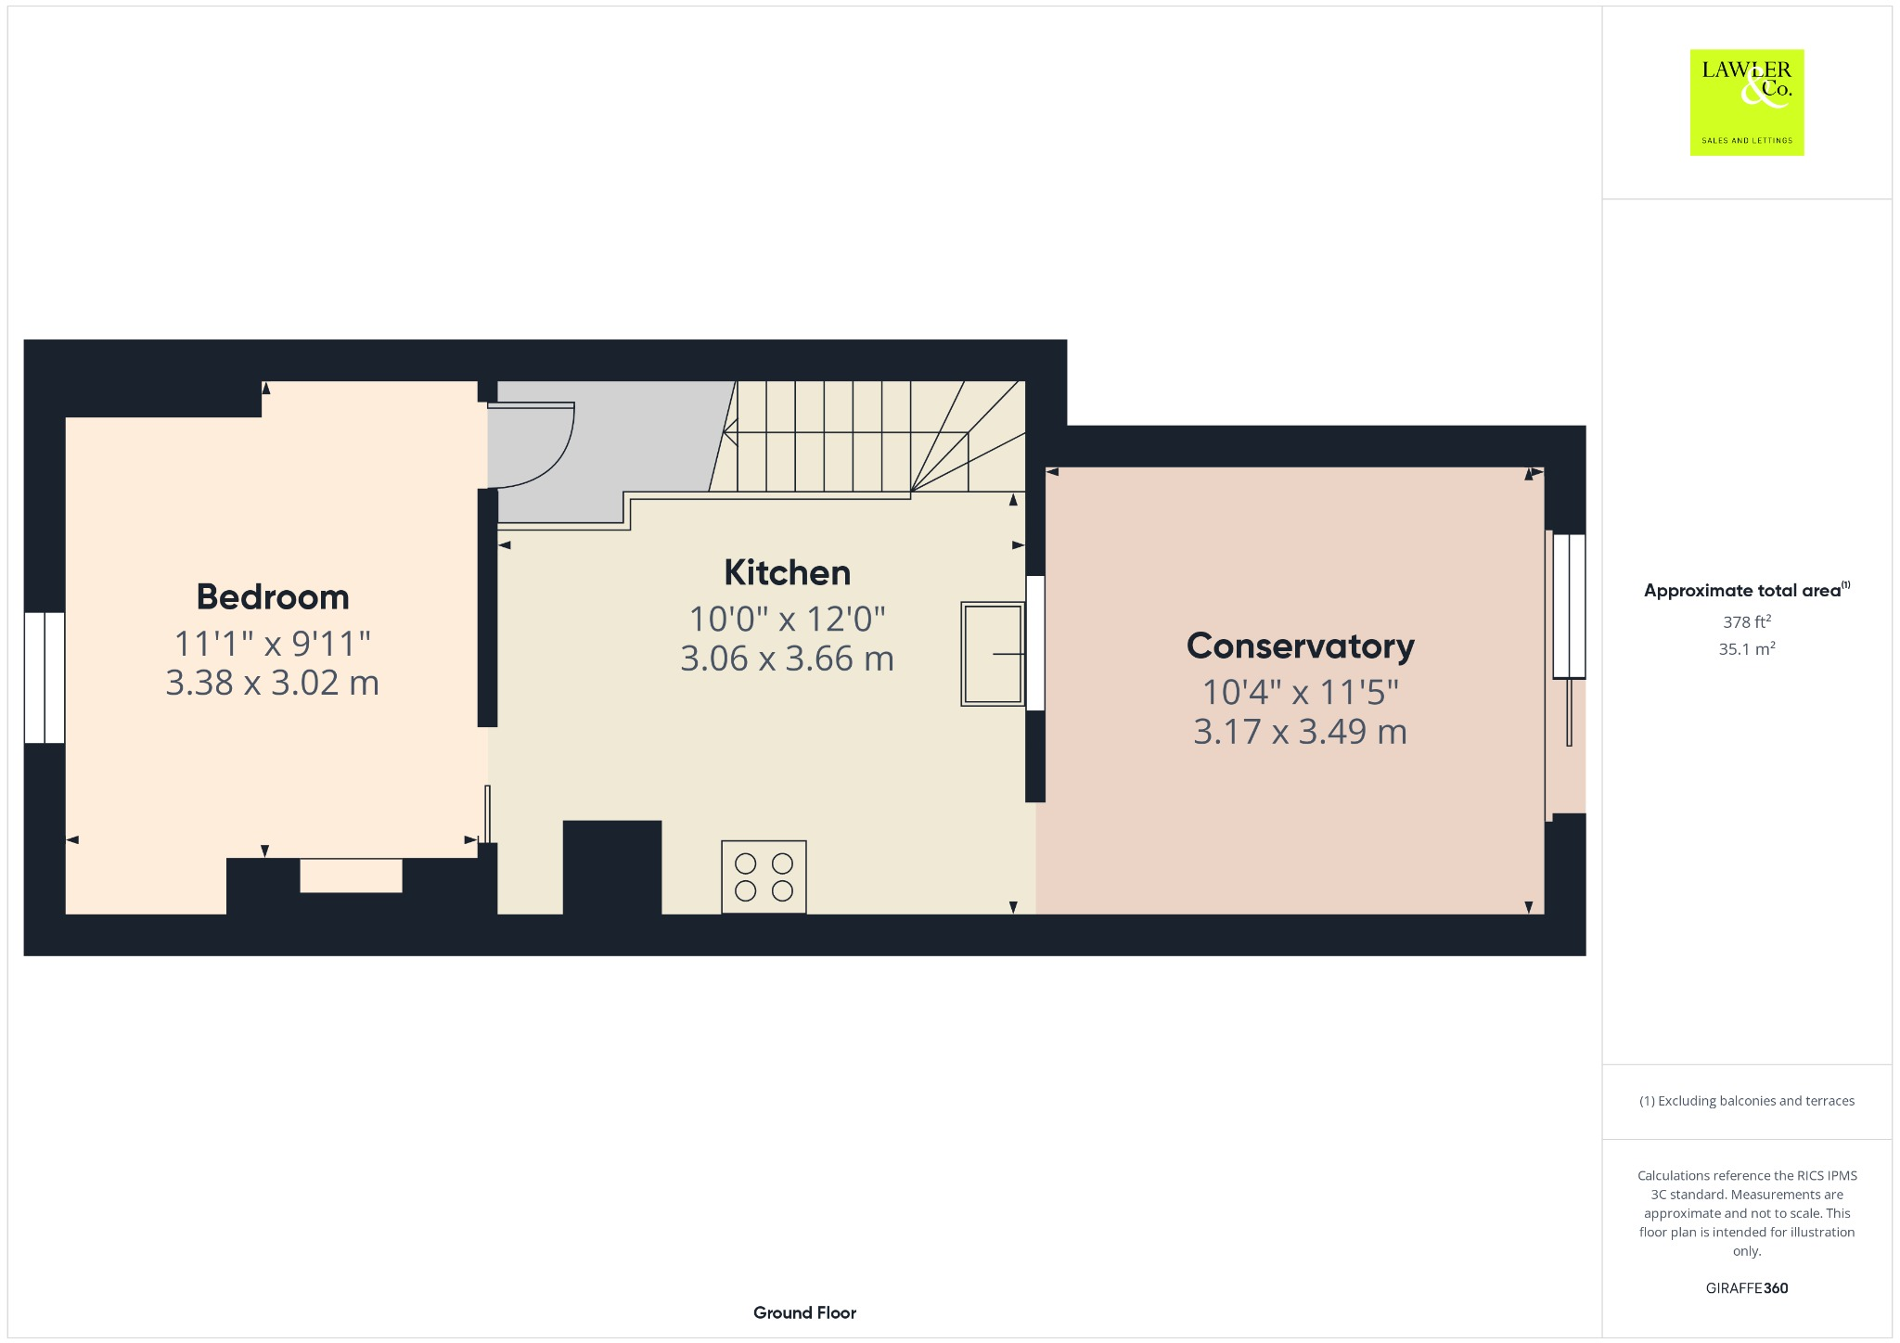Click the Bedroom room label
coord(273,597)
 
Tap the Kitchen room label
coord(787,573)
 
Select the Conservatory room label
coord(1300,646)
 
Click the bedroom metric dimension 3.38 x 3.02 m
coord(273,684)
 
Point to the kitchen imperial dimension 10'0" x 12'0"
coord(787,619)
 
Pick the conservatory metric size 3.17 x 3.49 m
coord(1300,732)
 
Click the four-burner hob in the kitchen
coord(764,876)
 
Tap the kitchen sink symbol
coord(992,654)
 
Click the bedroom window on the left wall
coord(45,677)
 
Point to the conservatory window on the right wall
coord(1569,606)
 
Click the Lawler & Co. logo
coord(1746,103)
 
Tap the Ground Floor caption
coord(804,1312)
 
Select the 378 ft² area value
coord(1746,621)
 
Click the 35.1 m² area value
coord(1746,648)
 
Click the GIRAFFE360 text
coord(1746,1287)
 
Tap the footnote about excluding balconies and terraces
coord(1746,1101)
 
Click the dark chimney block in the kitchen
coord(612,867)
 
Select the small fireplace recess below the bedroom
coord(351,876)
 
